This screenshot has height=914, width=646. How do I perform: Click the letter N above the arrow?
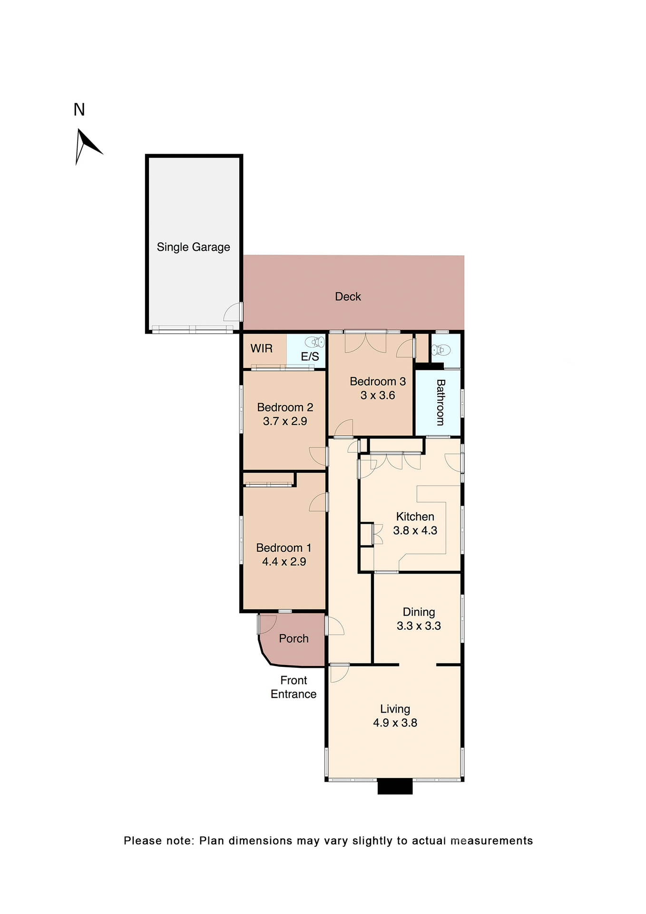click(79, 110)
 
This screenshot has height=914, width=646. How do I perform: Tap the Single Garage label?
click(193, 247)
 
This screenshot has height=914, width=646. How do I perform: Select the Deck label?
click(348, 297)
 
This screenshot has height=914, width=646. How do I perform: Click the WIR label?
click(262, 348)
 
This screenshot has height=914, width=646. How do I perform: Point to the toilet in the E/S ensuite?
click(314, 342)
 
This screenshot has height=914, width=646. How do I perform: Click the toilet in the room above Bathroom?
click(440, 350)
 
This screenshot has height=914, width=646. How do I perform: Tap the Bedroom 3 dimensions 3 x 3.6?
click(378, 395)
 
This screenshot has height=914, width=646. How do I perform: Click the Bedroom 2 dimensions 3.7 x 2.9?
click(285, 421)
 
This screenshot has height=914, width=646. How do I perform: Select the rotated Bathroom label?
click(440, 402)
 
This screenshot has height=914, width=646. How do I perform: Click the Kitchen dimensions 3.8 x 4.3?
click(415, 530)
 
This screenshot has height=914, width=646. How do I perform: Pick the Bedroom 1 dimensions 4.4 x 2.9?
click(284, 561)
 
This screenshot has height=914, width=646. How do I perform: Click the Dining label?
click(419, 612)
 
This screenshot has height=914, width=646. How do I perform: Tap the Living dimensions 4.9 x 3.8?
click(395, 723)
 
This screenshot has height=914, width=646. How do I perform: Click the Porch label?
click(294, 638)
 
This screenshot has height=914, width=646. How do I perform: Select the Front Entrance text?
click(294, 687)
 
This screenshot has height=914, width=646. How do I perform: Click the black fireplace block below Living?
click(395, 786)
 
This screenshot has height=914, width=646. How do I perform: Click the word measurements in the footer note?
click(491, 841)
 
